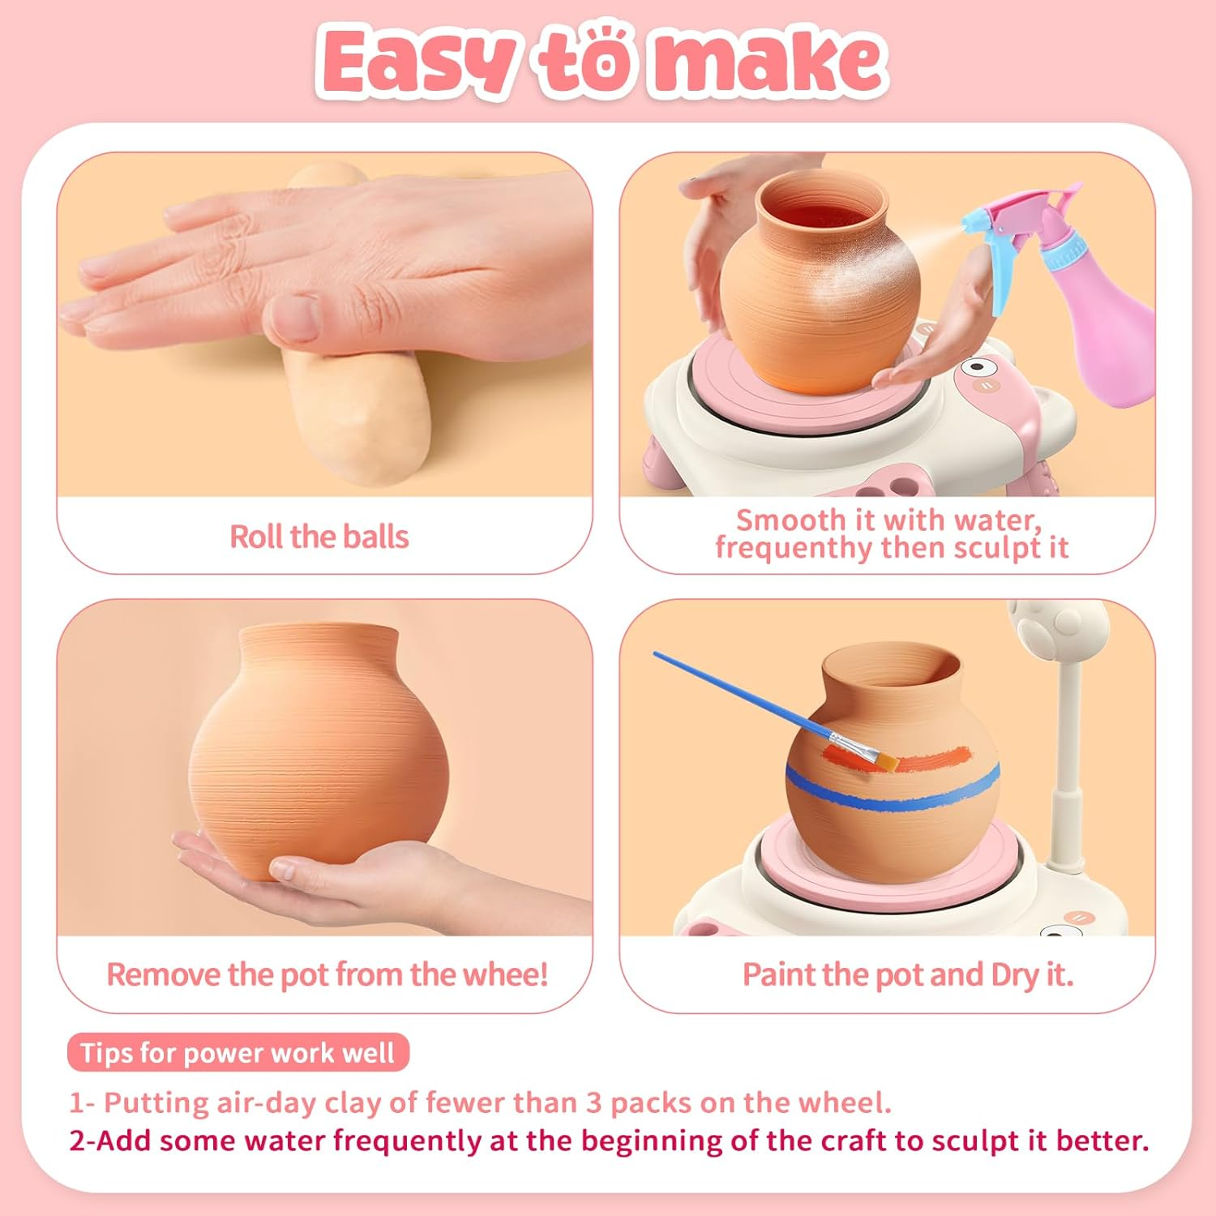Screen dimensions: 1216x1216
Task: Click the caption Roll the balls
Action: coord(319,537)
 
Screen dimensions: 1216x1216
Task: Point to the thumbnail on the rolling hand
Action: coord(293,319)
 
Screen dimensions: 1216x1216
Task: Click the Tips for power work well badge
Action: coord(238,1053)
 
